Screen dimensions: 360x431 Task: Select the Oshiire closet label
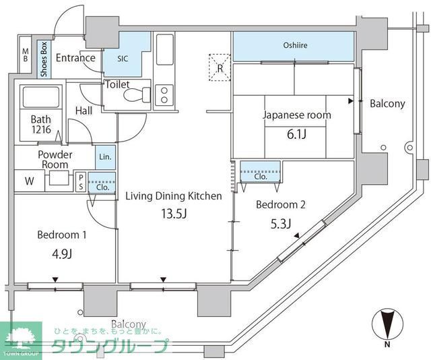click(293, 46)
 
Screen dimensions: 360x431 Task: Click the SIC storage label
click(122, 59)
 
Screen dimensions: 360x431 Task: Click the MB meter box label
click(25, 57)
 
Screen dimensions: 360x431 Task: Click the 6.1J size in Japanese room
click(296, 135)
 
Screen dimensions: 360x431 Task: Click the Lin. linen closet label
click(105, 156)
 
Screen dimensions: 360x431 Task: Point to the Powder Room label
click(56, 159)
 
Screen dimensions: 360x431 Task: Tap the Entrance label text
click(75, 58)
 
